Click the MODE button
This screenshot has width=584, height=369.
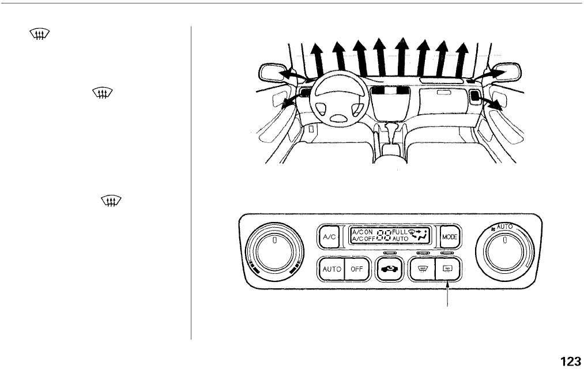449,236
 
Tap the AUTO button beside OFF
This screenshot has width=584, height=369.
331,269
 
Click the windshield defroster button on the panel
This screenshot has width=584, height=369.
421,268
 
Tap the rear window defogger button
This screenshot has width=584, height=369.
447,268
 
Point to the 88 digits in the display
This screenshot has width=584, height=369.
385,235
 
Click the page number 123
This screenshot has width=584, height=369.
570,361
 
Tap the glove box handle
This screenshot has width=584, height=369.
444,93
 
